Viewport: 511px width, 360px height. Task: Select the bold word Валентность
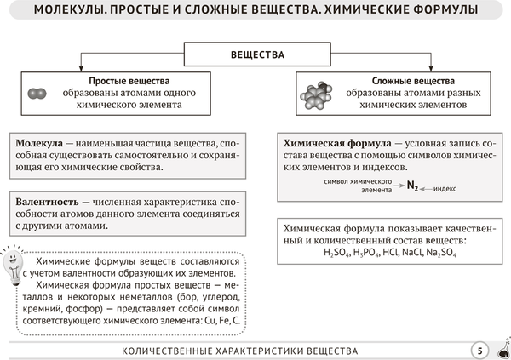pyautogui.click(x=46, y=203)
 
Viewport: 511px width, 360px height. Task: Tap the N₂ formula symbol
pyautogui.click(x=412, y=184)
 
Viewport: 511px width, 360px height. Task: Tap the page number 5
pyautogui.click(x=479, y=350)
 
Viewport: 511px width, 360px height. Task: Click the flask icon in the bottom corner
pyautogui.click(x=502, y=350)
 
